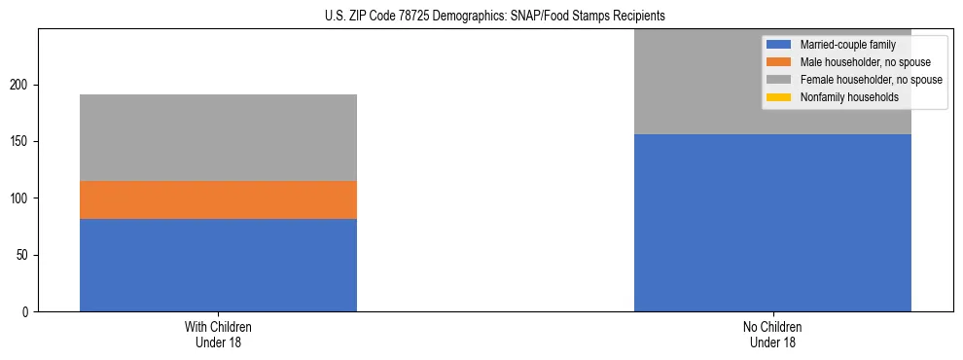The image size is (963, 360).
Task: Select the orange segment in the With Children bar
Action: (x=218, y=199)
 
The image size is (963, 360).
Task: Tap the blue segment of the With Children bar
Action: (x=218, y=265)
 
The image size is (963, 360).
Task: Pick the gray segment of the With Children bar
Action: (x=218, y=137)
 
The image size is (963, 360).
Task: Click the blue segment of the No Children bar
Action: (x=772, y=223)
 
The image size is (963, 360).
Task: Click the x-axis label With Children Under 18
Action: (x=218, y=334)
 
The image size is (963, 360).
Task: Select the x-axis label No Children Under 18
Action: (x=772, y=334)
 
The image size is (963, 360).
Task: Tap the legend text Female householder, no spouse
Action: (x=871, y=80)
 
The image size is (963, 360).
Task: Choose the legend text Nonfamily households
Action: (x=849, y=97)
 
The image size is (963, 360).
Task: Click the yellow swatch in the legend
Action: (x=779, y=97)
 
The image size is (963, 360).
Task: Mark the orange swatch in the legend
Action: (x=779, y=62)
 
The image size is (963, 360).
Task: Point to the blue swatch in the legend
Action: (x=779, y=45)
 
